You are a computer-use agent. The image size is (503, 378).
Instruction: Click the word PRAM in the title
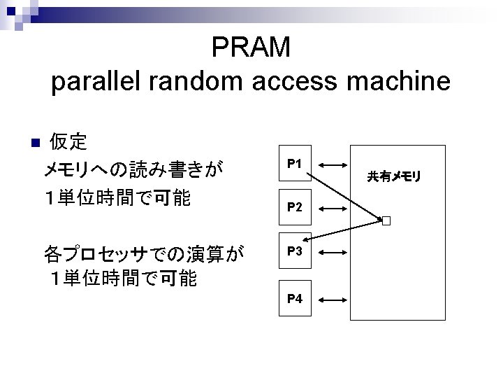click(x=251, y=48)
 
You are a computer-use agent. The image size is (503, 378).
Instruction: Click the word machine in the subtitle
click(x=395, y=83)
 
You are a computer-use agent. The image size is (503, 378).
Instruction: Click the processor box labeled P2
click(x=294, y=208)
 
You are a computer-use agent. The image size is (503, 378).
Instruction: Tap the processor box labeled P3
click(x=294, y=251)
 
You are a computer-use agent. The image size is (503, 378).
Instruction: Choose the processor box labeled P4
click(x=294, y=299)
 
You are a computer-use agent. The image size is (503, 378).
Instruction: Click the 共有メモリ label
click(x=394, y=177)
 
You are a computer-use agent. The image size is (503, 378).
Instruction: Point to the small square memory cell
click(x=385, y=221)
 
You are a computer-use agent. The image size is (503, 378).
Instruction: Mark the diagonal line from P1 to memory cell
click(x=346, y=190)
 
